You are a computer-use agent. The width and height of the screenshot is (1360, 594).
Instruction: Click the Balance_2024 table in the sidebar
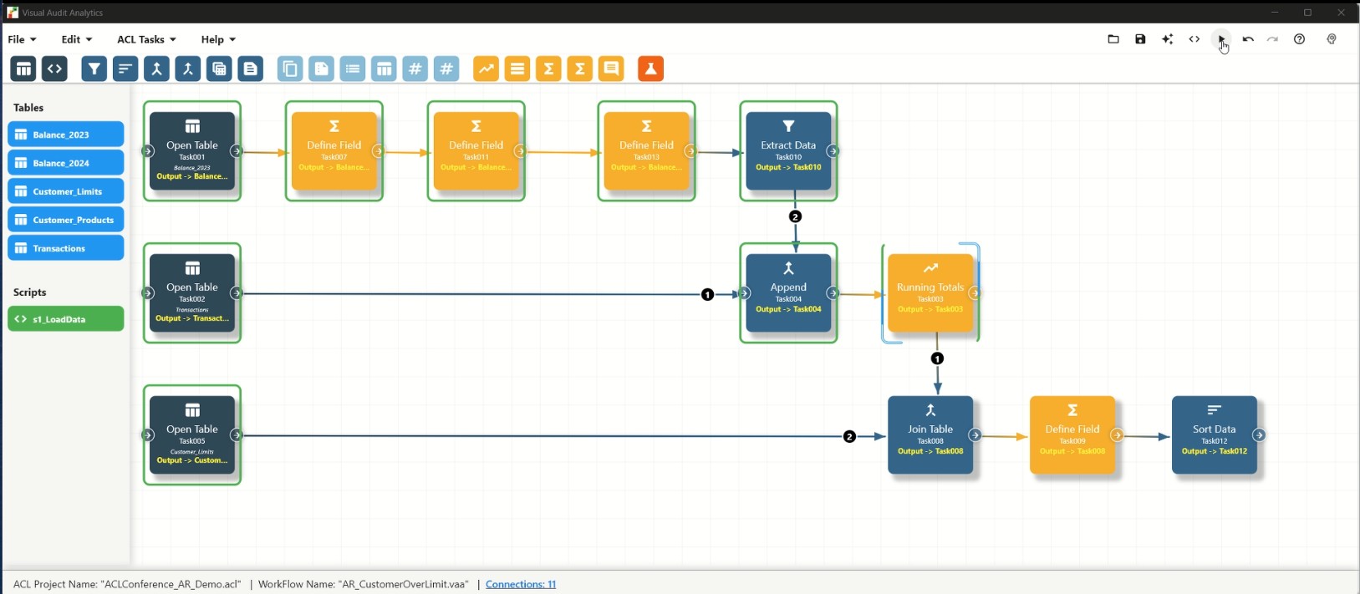[65, 163]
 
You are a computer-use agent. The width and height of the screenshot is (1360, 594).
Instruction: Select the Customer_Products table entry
[65, 220]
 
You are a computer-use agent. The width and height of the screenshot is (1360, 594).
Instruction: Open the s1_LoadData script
[65, 319]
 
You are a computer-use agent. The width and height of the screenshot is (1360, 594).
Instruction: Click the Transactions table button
[65, 248]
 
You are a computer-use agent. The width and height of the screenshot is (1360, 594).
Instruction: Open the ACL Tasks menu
[146, 39]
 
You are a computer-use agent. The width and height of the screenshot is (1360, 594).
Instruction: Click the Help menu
[217, 39]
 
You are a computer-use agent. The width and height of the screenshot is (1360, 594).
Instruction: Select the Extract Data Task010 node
[788, 150]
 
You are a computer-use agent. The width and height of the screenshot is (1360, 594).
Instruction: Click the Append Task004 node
[788, 292]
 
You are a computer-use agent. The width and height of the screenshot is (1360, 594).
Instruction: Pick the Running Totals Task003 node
[930, 292]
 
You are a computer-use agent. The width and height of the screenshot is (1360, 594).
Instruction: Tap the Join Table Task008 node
[930, 434]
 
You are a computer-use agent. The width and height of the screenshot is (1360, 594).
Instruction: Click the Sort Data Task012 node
[1214, 434]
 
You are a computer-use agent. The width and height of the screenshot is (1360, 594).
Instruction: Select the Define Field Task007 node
[334, 150]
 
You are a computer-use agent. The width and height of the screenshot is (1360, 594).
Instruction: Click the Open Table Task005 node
[192, 434]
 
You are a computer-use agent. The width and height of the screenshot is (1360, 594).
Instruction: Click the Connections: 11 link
[520, 584]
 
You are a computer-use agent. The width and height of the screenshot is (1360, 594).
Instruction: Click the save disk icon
[1140, 39]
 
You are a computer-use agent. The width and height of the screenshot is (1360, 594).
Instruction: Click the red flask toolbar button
[650, 69]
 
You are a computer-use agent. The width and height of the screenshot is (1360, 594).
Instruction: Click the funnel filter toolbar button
[94, 69]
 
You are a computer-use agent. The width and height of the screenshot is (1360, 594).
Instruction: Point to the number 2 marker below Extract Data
[795, 216]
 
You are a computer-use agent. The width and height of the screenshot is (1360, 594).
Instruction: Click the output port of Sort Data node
[1259, 435]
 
